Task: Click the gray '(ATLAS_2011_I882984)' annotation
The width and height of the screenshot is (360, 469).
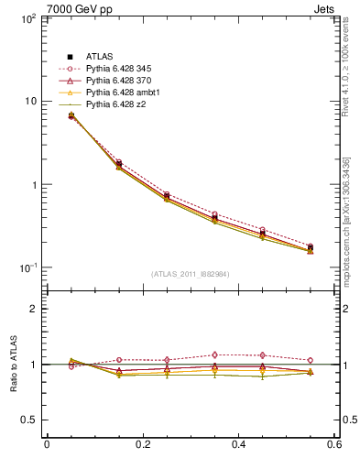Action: click(190, 273)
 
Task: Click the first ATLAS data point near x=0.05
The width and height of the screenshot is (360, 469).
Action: click(71, 115)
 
